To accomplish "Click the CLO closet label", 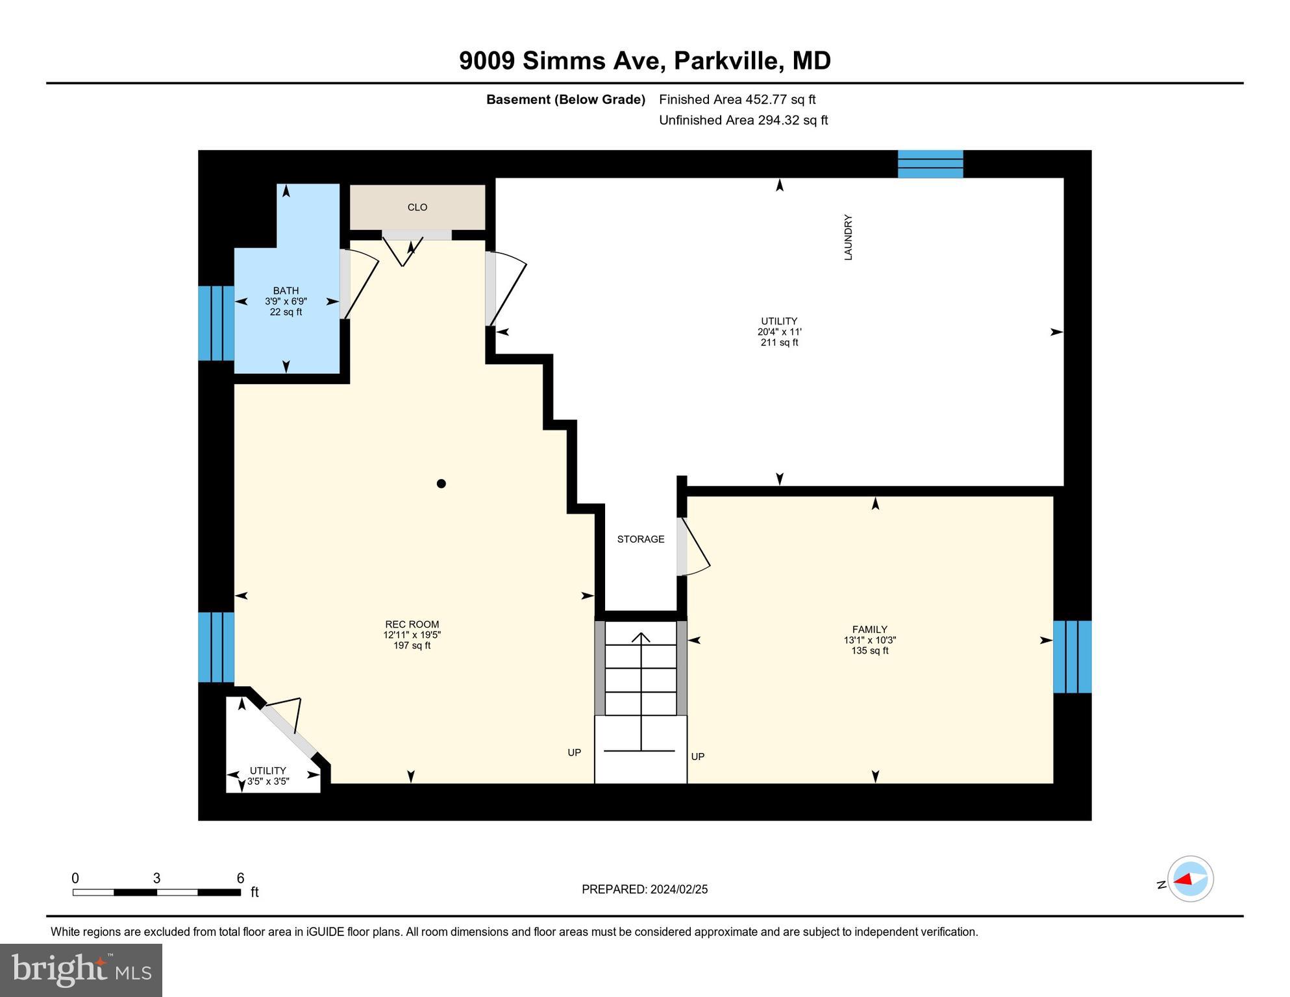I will coord(417,207).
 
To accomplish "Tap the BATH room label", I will coord(286,291).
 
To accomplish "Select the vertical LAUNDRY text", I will coord(848,238).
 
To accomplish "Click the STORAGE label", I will coord(640,539).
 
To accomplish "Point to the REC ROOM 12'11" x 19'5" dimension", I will coord(412,635).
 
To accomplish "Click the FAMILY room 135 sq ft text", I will coord(869,650).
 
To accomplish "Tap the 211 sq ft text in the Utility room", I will coord(779,343).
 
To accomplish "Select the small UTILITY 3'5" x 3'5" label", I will coord(267,776).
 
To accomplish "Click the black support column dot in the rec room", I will coord(441,484).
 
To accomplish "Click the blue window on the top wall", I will coord(930,164).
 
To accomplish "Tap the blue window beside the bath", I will coord(216,323).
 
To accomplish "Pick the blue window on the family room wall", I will coord(1072,657).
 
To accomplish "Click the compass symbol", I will coord(1190,880).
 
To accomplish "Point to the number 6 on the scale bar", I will coord(240,878).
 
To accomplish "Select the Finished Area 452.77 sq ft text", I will coord(737,99).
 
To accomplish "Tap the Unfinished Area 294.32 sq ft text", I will coord(743,120).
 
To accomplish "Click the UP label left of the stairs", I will coord(574,753).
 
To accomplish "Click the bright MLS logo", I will coord(81,970).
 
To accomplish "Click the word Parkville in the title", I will coord(726,60).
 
